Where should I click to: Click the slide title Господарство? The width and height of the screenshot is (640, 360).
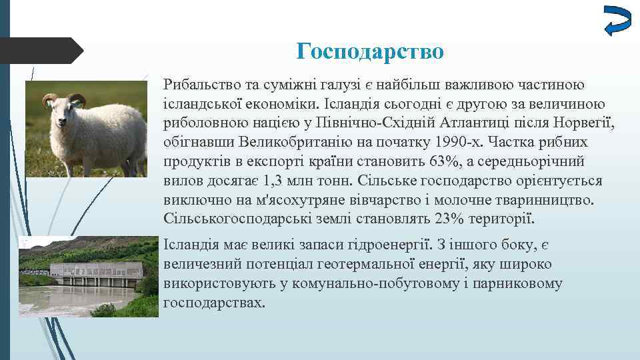pos(369,51)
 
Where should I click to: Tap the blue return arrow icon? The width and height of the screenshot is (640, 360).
pos(616,19)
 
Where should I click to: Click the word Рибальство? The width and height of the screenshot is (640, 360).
pos(199,85)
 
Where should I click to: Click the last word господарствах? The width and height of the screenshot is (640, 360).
pos(213,302)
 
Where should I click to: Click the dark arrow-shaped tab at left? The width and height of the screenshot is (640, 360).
pos(40,51)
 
